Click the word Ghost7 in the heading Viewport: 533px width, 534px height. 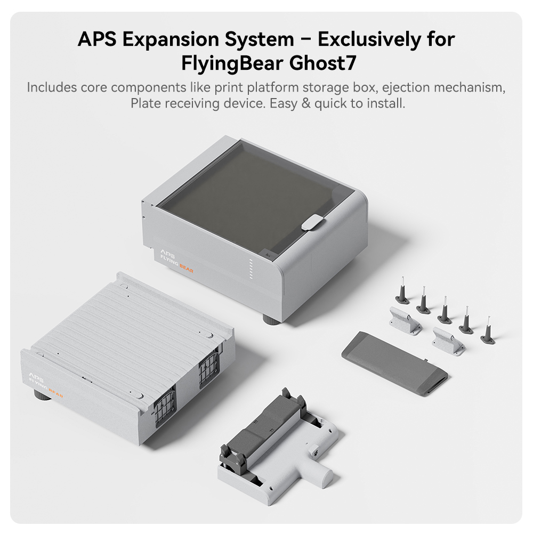pos(322,63)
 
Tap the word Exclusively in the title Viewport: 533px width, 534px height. pos(369,39)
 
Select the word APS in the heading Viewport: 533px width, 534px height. pos(97,39)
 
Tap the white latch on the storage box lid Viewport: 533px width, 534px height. pos(313,222)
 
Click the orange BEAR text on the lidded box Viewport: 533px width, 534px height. pos(187,268)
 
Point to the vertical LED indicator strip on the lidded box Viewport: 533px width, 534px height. pos(251,269)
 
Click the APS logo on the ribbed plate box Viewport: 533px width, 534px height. pos(35,376)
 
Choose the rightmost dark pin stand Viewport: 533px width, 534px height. pos(488,331)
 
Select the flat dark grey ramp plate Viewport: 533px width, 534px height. pos(394,363)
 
